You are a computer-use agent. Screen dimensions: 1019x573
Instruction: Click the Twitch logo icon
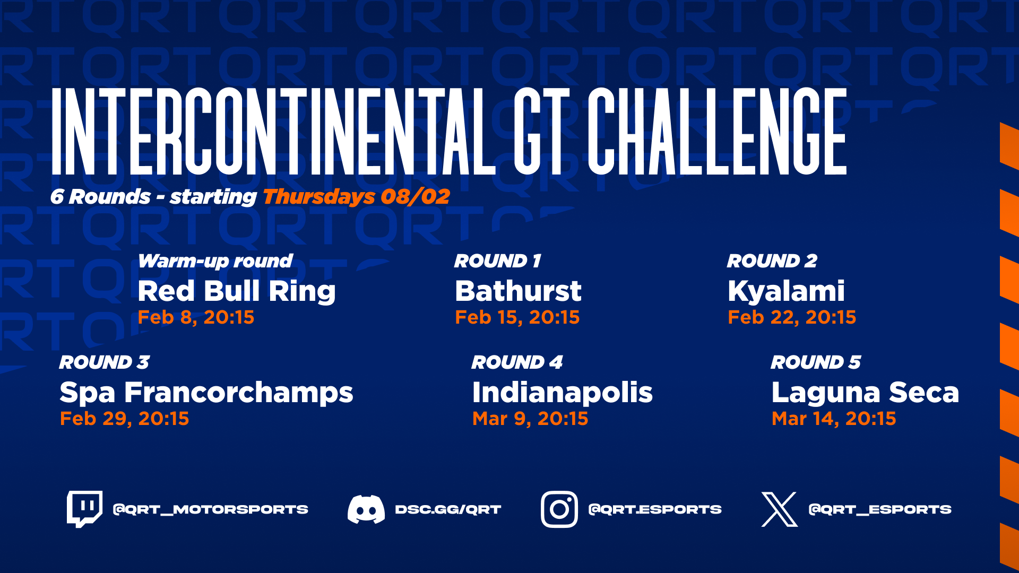click(84, 509)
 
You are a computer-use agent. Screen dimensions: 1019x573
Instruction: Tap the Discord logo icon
click(366, 509)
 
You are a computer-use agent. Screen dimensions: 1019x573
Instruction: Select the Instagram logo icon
click(559, 509)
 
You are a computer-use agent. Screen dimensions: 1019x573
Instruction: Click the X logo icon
click(780, 509)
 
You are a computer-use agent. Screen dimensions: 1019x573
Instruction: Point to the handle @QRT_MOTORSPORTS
click(211, 510)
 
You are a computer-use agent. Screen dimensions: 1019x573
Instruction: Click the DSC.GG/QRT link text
click(448, 510)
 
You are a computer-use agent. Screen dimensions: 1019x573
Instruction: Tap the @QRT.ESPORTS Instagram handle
click(655, 510)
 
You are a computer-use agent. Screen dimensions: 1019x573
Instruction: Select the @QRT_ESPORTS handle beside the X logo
click(880, 510)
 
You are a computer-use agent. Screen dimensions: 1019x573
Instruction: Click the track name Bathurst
click(519, 291)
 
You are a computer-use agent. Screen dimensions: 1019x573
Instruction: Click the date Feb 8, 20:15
click(196, 317)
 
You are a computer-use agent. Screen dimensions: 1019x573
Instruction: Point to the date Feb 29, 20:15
click(124, 419)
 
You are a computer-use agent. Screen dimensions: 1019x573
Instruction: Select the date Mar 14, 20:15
click(834, 419)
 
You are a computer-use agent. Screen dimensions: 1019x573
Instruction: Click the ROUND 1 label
click(497, 261)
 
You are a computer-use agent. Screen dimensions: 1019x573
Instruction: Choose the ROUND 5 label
click(816, 362)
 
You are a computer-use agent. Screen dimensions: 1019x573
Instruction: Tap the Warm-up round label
click(215, 262)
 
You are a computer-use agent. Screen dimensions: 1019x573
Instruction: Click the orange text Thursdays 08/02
click(356, 197)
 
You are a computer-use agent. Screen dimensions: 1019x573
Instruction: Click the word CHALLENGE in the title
click(716, 131)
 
